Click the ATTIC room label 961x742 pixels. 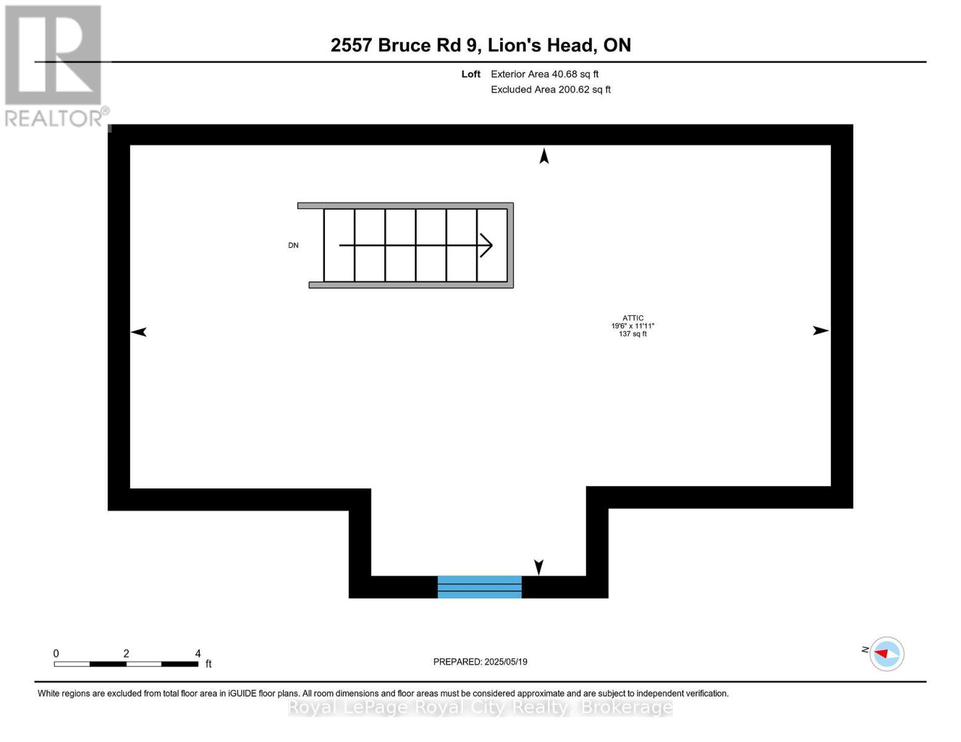point(632,318)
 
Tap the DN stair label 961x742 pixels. point(293,245)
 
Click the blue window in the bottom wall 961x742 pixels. point(480,587)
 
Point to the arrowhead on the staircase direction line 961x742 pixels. point(487,245)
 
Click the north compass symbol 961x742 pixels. point(887,654)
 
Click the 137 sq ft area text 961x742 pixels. point(632,334)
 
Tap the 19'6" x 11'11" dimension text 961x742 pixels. point(632,326)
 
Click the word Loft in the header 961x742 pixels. point(471,74)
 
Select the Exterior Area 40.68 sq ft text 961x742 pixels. point(545,74)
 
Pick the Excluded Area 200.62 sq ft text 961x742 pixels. point(551,90)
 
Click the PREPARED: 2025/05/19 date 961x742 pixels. point(480,662)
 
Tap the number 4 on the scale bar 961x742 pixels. point(198,654)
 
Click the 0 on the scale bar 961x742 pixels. point(56,654)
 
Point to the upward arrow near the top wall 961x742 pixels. point(544,156)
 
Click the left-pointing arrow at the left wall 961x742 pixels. point(139,332)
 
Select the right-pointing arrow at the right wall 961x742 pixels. point(821,331)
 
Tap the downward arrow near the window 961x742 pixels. point(538,566)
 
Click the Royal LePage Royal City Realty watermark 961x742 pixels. point(480,707)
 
